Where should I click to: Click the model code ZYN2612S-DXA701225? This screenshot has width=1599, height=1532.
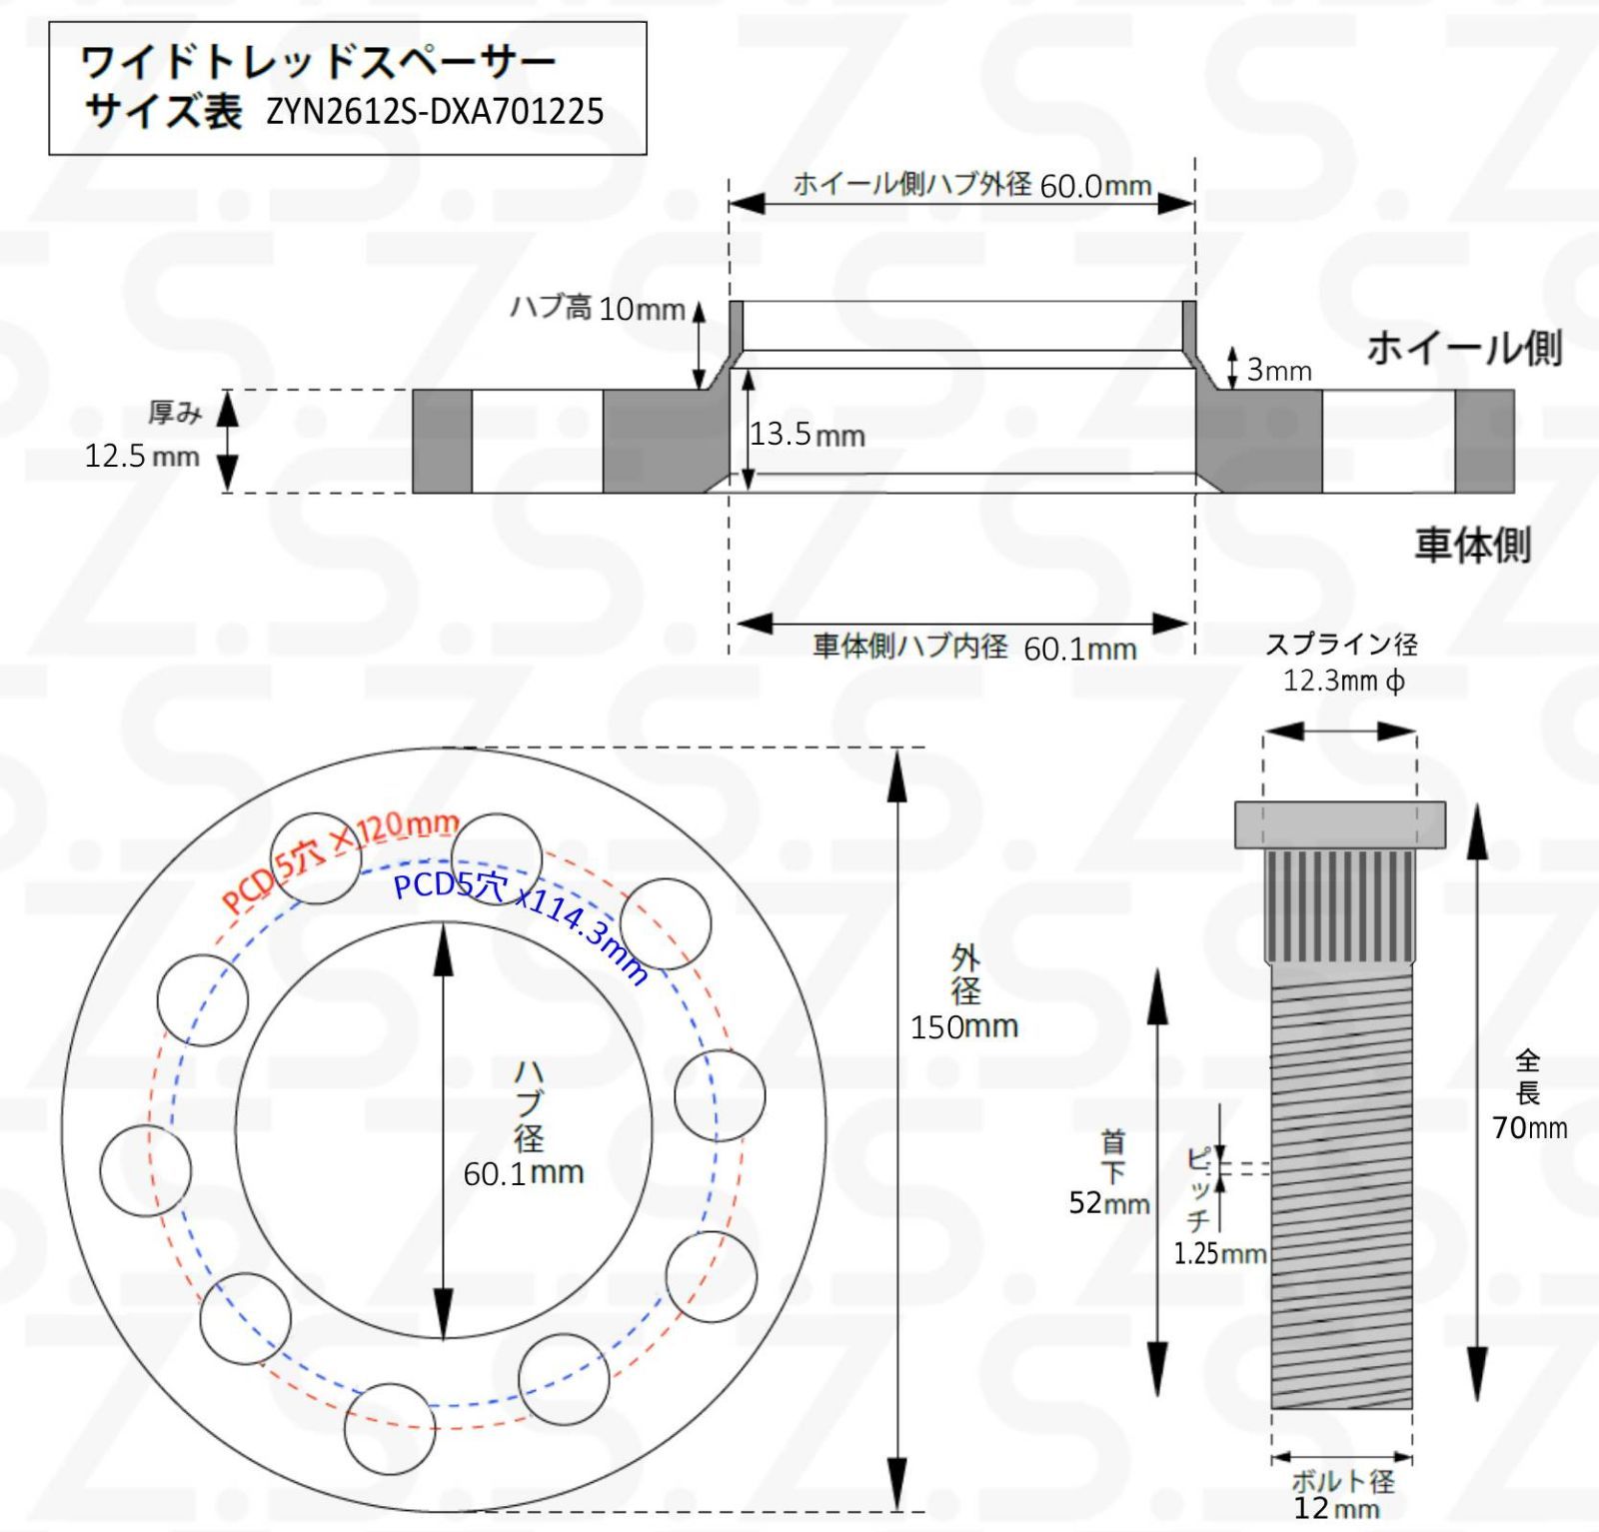[x=435, y=111]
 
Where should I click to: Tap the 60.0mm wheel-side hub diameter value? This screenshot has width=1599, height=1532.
[x=1095, y=186]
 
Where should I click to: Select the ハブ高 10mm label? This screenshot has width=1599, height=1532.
[x=598, y=308]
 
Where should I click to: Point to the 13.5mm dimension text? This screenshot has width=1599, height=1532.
[x=807, y=435]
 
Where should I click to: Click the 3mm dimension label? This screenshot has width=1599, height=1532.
[x=1278, y=371]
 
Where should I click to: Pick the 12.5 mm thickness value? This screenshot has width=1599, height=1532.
[x=142, y=457]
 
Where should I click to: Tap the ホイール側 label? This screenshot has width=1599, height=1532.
[x=1463, y=348]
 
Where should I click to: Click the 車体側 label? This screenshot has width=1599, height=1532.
[x=1472, y=545]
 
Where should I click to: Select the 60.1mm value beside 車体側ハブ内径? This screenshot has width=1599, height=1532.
[x=1079, y=650]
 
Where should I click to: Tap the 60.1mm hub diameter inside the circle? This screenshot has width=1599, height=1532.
[x=523, y=1172]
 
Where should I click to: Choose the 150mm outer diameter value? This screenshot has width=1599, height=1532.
[x=963, y=1027]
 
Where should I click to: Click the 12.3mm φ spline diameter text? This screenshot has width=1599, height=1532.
[x=1343, y=682]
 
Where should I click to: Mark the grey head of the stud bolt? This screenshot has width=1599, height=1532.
[x=1339, y=823]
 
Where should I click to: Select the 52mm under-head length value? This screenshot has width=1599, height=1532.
[x=1109, y=1202]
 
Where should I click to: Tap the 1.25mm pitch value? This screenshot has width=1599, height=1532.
[x=1219, y=1253]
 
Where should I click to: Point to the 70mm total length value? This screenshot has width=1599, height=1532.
[x=1529, y=1128]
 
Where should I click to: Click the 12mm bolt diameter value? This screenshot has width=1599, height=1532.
[x=1336, y=1508]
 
